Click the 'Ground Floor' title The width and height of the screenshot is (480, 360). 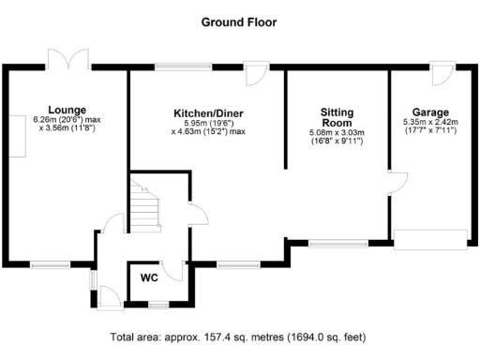[x=239, y=20]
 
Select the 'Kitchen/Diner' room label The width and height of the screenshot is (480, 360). [x=209, y=113]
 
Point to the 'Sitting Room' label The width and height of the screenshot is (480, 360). [x=336, y=116]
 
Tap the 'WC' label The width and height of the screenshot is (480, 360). [x=149, y=278]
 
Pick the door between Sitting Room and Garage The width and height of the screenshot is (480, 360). [x=395, y=184]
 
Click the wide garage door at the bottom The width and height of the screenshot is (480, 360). [x=430, y=240]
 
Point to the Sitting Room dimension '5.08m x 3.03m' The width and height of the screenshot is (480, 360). [x=336, y=133]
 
